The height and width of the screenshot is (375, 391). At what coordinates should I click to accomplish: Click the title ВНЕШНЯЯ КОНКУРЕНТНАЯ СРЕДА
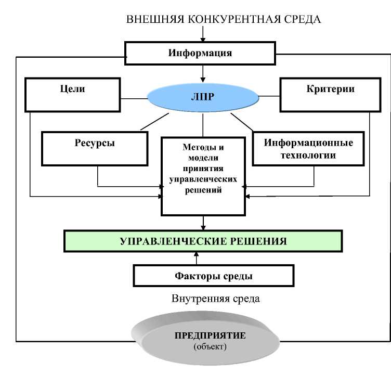coord(224,19)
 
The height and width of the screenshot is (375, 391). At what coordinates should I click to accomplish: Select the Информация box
coord(200,53)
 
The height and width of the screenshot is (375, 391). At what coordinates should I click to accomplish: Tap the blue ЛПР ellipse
coord(203,96)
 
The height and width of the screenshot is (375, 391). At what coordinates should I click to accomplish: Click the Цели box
coord(73,94)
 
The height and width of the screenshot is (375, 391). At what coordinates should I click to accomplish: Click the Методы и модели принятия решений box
coord(203,176)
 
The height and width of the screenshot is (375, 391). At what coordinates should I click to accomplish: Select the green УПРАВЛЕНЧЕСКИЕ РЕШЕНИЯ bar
coord(203,241)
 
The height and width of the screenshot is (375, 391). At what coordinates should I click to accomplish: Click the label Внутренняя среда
coord(215,300)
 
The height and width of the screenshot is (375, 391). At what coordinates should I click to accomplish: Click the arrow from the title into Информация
coord(204,35)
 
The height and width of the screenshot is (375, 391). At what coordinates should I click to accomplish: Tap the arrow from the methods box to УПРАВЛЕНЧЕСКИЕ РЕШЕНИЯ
coord(203,223)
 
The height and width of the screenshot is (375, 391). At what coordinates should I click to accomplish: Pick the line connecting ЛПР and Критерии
coord(269,96)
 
